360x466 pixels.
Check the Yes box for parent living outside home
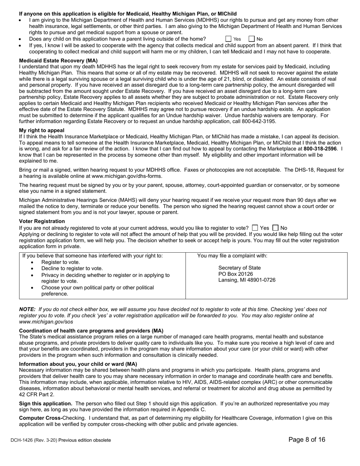coord(229,39)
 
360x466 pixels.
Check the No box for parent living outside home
coord(252,39)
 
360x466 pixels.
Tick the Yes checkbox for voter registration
coord(255,228)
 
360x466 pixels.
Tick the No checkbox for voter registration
coord(275,228)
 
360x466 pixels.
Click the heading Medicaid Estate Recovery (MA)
coord(58,61)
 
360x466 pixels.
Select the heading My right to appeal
coord(42,130)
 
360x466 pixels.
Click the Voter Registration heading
coord(42,221)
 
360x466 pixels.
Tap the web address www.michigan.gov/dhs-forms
coord(127,176)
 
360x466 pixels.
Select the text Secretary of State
coord(239,268)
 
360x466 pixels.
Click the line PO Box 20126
coord(235,274)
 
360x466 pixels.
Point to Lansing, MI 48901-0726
coord(247,280)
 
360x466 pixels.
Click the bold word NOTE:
coord(27,310)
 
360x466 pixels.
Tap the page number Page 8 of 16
coord(307,439)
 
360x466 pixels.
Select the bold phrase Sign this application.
coord(46,403)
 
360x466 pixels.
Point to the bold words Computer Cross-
coord(41,418)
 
